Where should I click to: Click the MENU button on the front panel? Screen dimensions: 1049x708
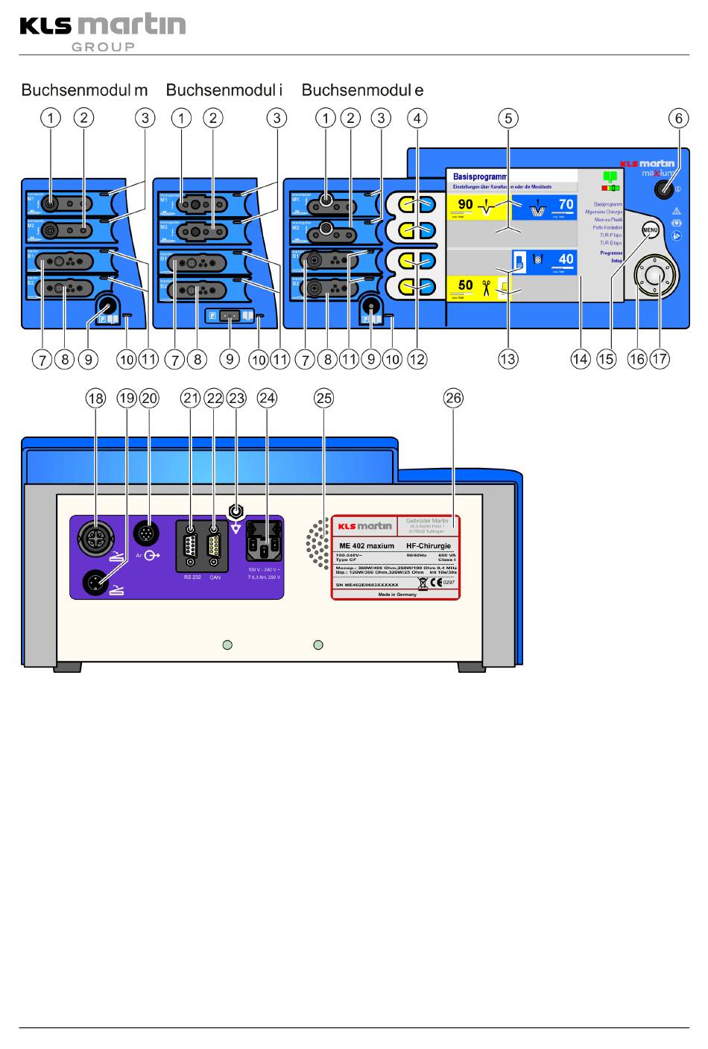(651, 230)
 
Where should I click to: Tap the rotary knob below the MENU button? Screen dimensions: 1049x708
(654, 276)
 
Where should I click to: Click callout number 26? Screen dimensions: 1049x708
(453, 399)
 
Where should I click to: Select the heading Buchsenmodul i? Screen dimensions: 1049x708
(224, 91)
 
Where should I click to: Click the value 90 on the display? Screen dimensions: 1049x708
(465, 205)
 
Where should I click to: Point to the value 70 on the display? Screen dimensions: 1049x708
(566, 204)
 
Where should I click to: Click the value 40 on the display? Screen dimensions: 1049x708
(566, 259)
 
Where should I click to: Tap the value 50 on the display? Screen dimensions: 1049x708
(465, 285)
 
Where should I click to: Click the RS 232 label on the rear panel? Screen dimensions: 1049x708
(192, 577)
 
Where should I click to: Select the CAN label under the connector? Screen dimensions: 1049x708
(215, 577)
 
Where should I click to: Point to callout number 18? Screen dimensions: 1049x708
(95, 399)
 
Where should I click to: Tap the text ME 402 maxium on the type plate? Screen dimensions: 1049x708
(367, 546)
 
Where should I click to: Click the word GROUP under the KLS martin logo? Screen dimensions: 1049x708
(103, 47)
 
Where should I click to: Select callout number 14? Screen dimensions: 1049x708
(580, 359)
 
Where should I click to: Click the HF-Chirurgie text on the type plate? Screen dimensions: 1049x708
(429, 546)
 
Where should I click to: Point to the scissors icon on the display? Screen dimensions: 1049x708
(486, 286)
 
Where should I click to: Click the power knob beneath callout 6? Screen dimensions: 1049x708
(663, 189)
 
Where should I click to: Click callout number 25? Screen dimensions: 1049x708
(323, 399)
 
